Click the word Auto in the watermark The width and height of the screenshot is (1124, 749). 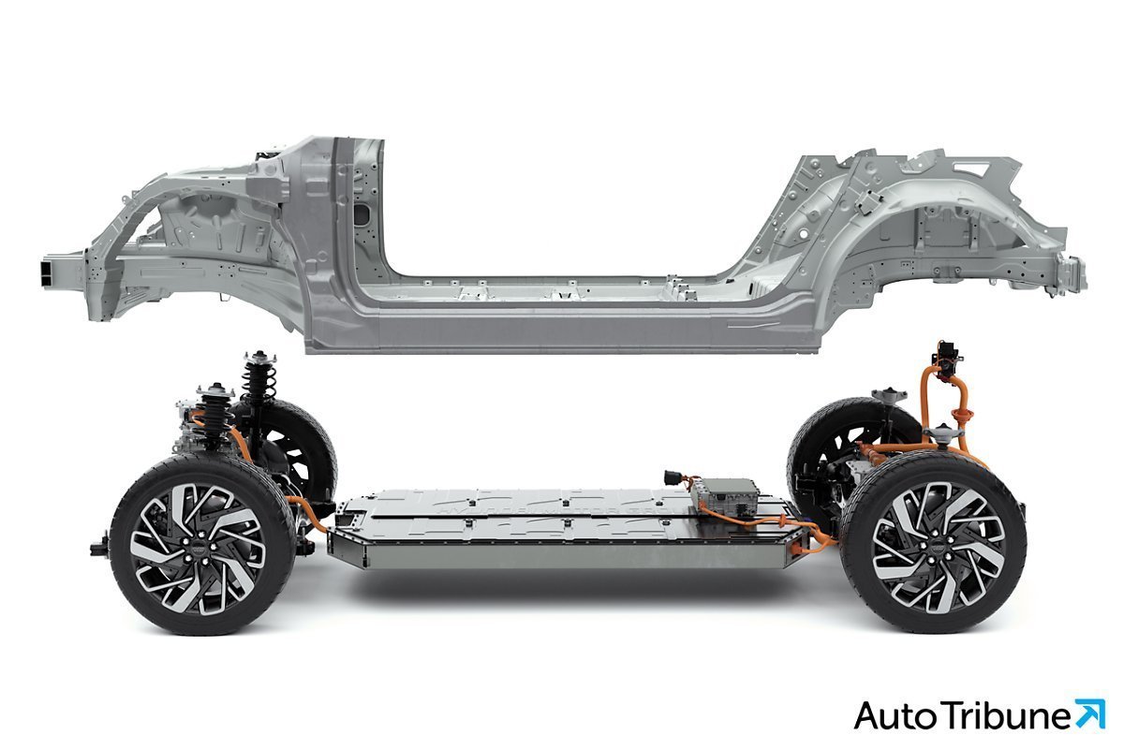click(895, 716)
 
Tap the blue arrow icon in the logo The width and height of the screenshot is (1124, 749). click(1090, 713)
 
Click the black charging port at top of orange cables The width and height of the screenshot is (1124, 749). click(946, 359)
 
